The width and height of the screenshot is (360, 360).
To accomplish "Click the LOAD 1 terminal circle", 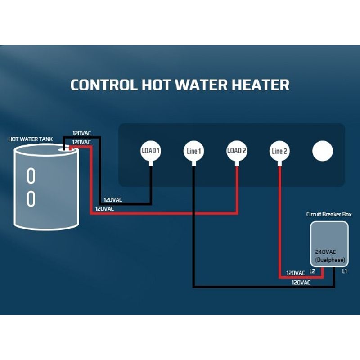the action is click(x=151, y=151).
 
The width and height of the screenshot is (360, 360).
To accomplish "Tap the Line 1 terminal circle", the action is click(x=194, y=151).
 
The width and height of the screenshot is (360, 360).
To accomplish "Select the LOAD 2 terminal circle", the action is click(x=237, y=151).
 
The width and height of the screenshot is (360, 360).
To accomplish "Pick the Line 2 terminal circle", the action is click(x=279, y=151).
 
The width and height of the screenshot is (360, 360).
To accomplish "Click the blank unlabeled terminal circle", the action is click(x=323, y=151).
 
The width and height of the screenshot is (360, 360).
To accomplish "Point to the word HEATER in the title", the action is click(x=261, y=85).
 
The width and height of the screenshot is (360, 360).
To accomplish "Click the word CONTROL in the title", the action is click(x=104, y=85).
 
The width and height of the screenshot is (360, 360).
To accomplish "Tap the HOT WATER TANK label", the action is click(x=31, y=139).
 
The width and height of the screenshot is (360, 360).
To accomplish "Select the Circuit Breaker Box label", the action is click(x=329, y=214).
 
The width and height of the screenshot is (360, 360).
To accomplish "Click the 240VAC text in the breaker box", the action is click(x=325, y=252).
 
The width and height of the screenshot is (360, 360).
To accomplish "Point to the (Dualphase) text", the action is click(x=330, y=260).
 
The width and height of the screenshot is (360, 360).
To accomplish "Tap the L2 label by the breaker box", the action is click(x=312, y=271).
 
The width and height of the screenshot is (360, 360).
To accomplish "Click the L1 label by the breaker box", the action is click(x=344, y=271).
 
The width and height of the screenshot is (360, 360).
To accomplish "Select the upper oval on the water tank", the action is click(x=31, y=175).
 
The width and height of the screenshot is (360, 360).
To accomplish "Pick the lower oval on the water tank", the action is click(x=31, y=199).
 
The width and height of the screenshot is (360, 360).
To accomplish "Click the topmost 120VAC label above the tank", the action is click(x=82, y=133).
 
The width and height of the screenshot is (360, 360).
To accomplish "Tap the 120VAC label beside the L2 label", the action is click(x=296, y=273).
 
